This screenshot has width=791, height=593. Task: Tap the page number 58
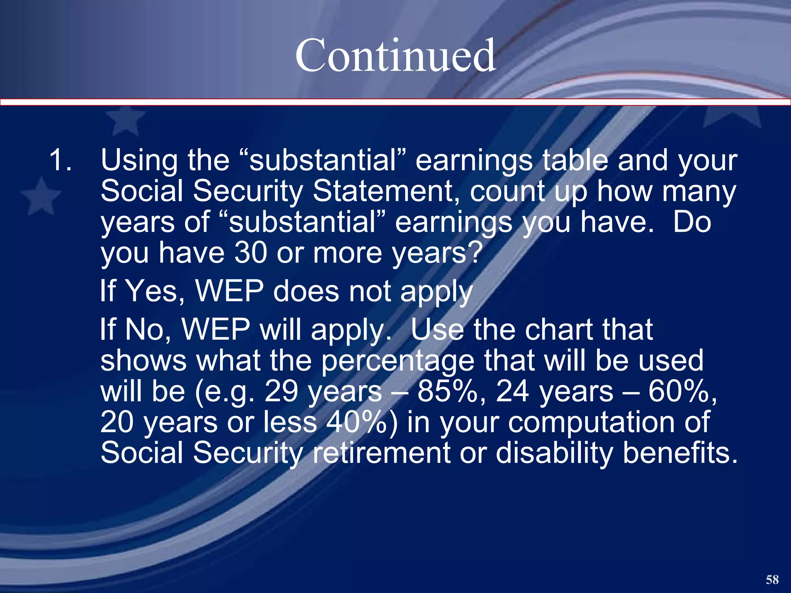pos(772,579)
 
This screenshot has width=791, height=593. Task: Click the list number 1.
pos(60,160)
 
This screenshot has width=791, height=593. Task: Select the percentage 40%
pos(355,422)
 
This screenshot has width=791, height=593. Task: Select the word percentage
pos(398,361)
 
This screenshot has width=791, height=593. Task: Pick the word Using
pos(139,160)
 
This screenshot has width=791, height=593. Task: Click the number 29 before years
pos(281,391)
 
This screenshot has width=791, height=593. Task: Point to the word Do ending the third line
pos(691,222)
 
